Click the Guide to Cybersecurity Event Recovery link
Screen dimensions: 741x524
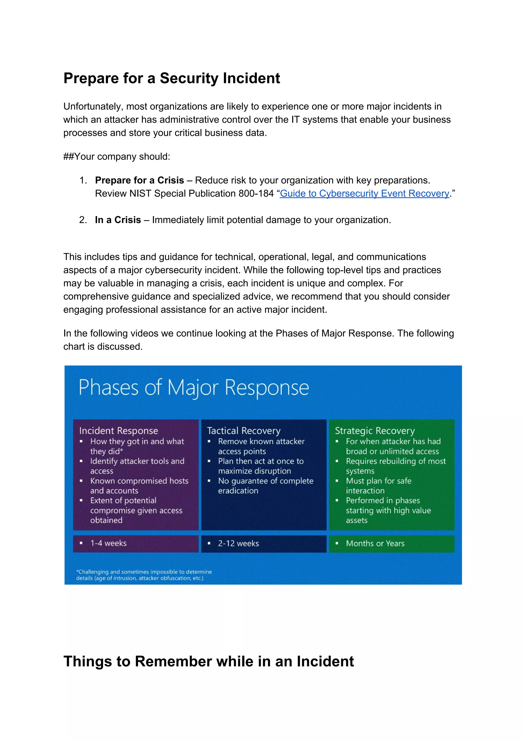pos(364,194)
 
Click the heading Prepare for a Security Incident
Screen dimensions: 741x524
pos(171,79)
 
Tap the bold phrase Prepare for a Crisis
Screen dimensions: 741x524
pos(139,180)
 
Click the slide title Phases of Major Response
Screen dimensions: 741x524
pos(194,388)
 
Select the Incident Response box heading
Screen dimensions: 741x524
pos(118,431)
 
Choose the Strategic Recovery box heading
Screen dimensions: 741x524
pos(375,431)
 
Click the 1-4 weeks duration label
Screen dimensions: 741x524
pos(108,544)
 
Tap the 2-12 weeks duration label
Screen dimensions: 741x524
pos(238,544)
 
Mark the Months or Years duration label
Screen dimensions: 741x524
pos(375,544)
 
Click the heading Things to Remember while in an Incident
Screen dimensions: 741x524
pos(209,661)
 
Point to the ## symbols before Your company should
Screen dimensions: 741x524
pos(69,157)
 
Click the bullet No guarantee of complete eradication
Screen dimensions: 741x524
pos(265,486)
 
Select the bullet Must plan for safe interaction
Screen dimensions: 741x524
pos(378,486)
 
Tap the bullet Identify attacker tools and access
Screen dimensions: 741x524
pos(137,466)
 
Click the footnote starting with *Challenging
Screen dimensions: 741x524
pos(144,575)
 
